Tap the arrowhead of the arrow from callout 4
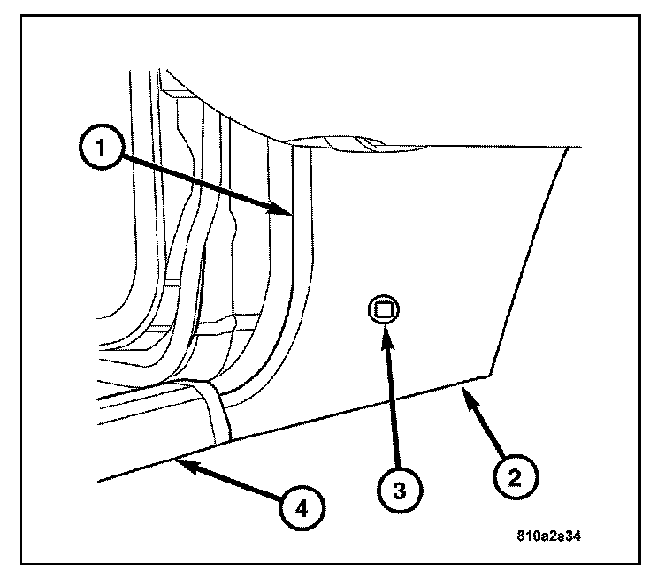[177, 459]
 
